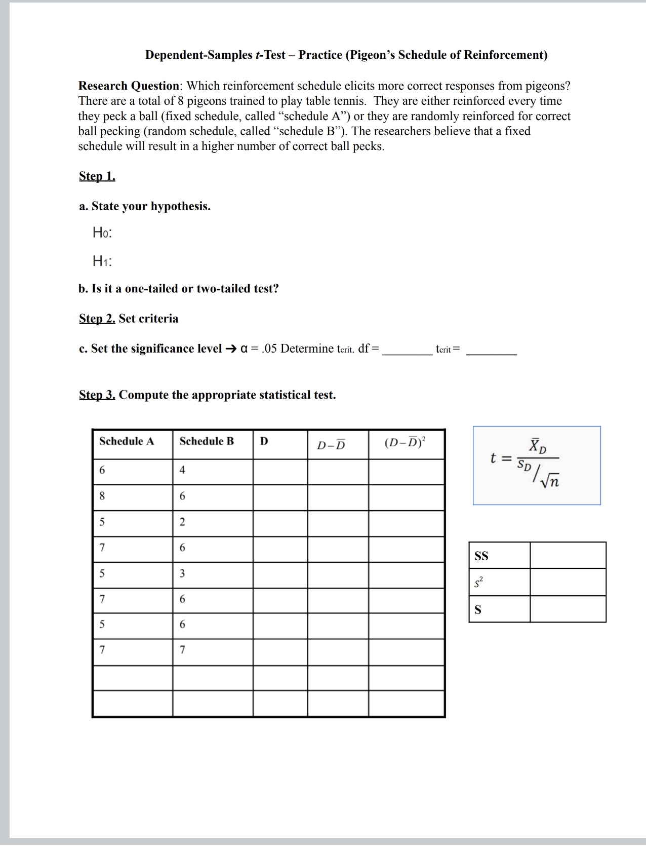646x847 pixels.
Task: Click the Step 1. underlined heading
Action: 97,176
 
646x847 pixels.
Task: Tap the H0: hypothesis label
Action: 102,233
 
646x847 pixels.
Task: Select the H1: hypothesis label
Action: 102,261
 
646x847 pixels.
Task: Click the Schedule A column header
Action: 127,441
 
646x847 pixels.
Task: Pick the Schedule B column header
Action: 207,441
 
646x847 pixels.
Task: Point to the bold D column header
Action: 264,441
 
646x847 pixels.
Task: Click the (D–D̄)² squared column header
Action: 405,443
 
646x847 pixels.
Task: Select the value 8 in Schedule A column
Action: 102,496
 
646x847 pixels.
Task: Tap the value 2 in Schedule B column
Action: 182,522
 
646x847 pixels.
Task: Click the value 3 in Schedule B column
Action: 182,573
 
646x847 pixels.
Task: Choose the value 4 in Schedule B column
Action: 182,470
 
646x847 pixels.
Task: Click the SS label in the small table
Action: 481,556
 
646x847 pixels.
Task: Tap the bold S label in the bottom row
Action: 478,610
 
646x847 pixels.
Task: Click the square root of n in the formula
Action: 550,480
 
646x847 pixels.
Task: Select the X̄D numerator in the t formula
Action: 537,447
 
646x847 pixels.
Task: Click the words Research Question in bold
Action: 129,86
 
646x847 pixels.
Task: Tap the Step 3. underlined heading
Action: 97,395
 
